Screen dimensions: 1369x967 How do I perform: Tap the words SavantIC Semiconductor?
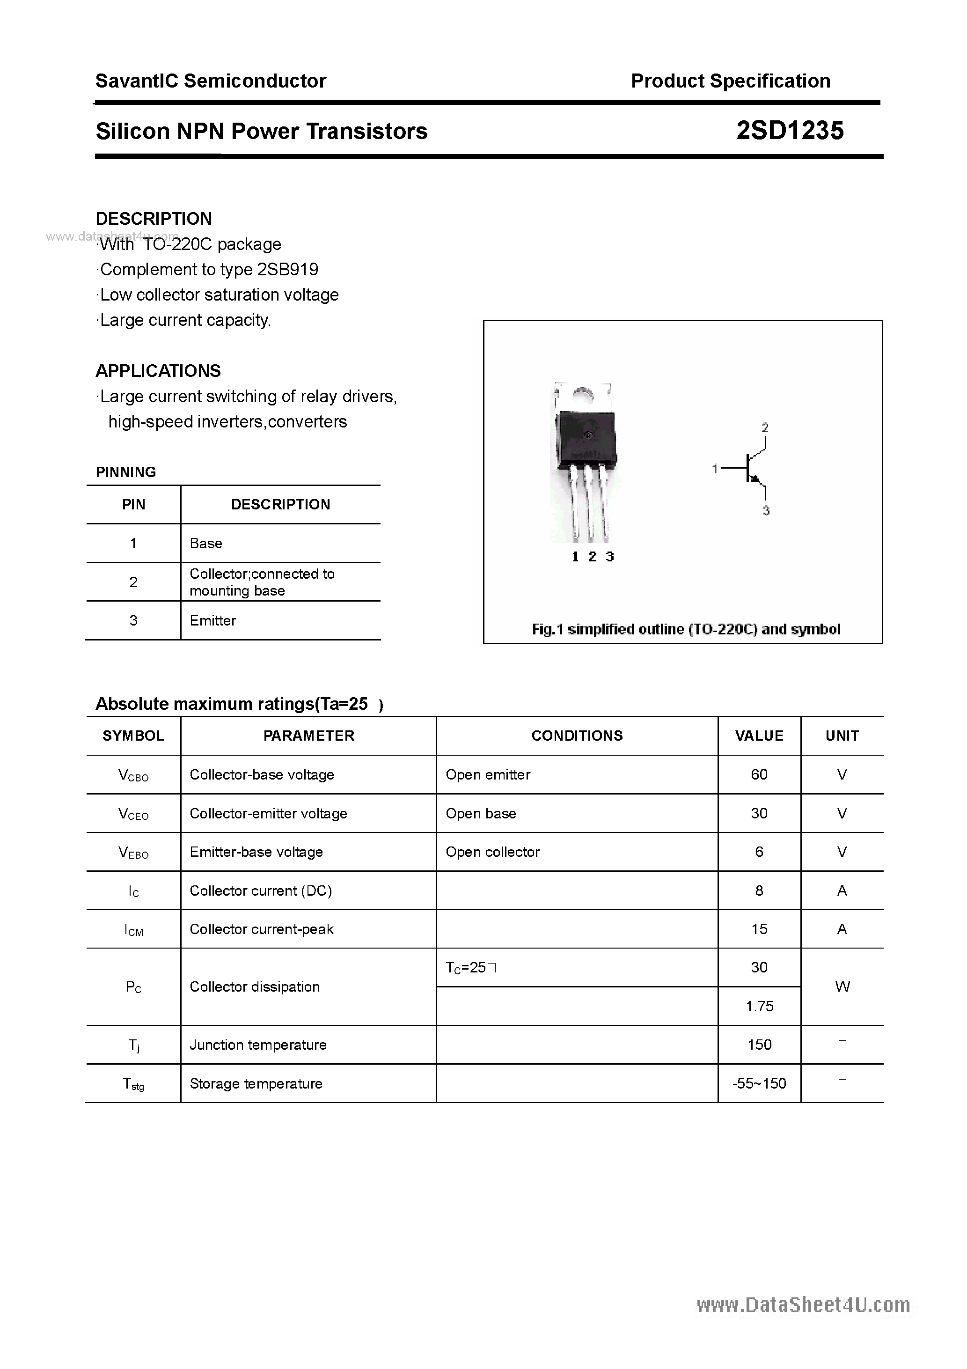(x=211, y=81)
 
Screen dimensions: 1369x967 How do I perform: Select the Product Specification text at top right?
(x=730, y=81)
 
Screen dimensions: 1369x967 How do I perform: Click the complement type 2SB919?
(x=287, y=270)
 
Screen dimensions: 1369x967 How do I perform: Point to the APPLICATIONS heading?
(x=158, y=371)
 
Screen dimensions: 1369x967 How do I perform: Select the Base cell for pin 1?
(x=205, y=543)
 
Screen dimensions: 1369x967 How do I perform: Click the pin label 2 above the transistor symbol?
(x=765, y=427)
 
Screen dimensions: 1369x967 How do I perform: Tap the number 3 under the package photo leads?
(x=609, y=556)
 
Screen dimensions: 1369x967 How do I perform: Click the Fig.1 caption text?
(x=686, y=629)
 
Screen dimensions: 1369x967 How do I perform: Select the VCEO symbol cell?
(x=133, y=813)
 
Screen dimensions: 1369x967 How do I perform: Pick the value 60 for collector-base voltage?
(x=759, y=774)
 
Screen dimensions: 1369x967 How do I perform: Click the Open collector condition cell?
(x=492, y=852)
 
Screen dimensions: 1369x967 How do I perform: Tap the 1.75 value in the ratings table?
(x=759, y=1007)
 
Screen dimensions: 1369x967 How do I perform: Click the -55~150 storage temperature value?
(x=759, y=1083)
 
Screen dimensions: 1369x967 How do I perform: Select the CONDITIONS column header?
(x=577, y=736)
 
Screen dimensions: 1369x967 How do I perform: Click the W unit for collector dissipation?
(x=842, y=987)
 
